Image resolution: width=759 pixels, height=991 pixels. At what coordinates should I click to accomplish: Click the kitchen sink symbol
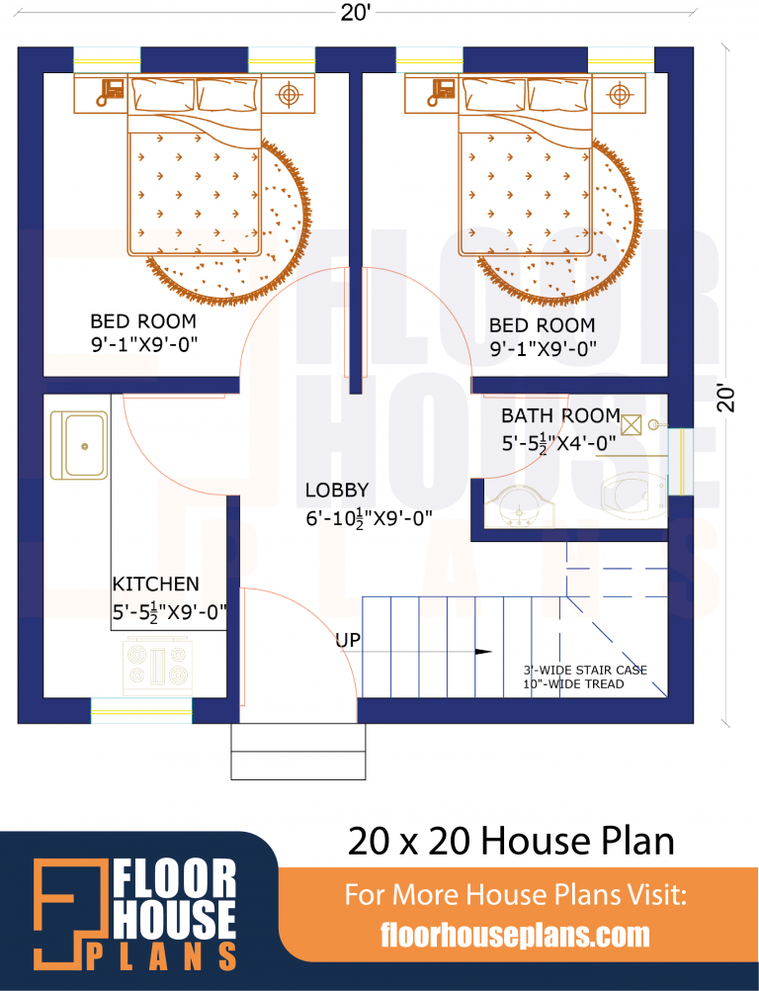tap(79, 445)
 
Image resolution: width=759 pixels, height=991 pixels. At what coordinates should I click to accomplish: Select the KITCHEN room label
tap(155, 585)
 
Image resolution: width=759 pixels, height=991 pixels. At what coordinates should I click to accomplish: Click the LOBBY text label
tap(336, 490)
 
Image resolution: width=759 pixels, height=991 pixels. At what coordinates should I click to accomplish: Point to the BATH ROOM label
tap(560, 415)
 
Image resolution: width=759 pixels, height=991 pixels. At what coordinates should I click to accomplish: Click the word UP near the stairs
tap(347, 641)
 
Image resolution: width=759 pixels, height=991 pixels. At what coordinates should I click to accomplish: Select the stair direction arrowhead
tap(483, 652)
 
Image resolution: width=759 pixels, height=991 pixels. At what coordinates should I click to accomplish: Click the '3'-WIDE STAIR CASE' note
tap(585, 670)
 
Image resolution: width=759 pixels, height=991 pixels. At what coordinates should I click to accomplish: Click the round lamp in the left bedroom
tap(288, 94)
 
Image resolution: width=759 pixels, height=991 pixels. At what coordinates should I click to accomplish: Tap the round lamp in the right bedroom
tap(619, 94)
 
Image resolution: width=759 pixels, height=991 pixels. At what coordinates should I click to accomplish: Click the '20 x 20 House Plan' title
tap(511, 842)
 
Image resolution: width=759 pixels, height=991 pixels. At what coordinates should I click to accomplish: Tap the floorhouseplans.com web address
tap(515, 935)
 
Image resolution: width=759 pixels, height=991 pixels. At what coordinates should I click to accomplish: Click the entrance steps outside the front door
tap(298, 752)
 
